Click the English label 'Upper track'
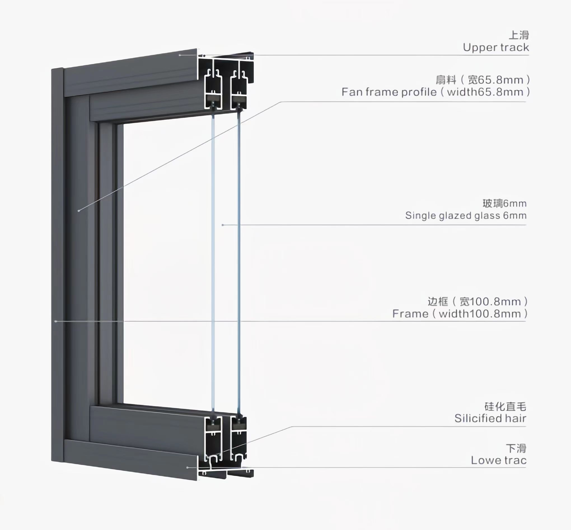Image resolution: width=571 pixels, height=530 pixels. pos(496,47)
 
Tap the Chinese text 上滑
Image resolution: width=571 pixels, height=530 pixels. pos(519,35)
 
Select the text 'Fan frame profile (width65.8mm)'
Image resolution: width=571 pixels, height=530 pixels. pos(436,92)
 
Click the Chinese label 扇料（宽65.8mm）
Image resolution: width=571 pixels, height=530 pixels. pos(483,80)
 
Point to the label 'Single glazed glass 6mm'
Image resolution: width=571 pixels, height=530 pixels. pos(465,216)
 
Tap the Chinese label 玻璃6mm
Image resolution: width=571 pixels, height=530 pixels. pos(504,203)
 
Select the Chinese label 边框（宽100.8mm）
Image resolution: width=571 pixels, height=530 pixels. pos(477,301)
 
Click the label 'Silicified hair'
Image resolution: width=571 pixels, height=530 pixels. pos(490,418)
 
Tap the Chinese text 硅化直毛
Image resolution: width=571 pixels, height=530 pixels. pos(505,406)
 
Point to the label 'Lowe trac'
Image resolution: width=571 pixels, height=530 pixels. pos(499,461)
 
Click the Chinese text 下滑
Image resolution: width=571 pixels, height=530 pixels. pos(516,448)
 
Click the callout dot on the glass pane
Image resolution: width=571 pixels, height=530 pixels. pos(223,225)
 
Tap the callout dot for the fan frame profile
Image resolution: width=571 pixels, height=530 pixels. pos(78,211)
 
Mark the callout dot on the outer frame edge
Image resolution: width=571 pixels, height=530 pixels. pos(56,321)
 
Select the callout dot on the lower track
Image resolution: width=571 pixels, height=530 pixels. pos(187,467)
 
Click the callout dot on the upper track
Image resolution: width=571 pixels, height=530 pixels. pos(179,55)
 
